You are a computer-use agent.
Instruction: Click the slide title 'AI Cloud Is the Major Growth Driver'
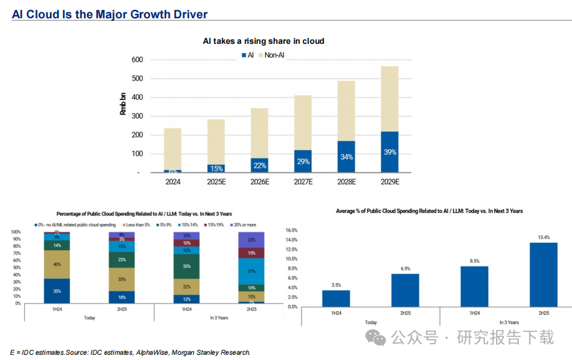[x=109, y=14]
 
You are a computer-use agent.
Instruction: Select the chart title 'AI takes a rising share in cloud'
[x=263, y=41]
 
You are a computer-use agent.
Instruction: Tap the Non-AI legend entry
[x=274, y=56]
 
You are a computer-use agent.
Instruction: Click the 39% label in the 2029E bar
[x=389, y=153]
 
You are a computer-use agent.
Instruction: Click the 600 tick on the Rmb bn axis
[x=137, y=60]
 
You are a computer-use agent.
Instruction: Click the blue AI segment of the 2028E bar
[x=346, y=157]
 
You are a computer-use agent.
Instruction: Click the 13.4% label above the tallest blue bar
[x=543, y=237]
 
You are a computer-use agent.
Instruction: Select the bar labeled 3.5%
[x=336, y=298]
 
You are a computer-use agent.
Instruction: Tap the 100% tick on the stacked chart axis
[x=16, y=232]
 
